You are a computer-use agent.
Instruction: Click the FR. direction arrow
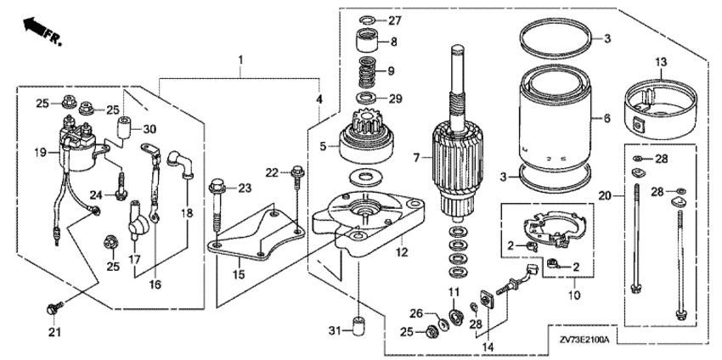point(38,27)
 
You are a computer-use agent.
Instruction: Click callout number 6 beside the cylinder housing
point(606,120)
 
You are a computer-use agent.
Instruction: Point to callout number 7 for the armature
point(417,158)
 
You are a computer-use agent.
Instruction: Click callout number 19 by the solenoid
point(38,153)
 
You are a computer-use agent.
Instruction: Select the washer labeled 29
point(368,98)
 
